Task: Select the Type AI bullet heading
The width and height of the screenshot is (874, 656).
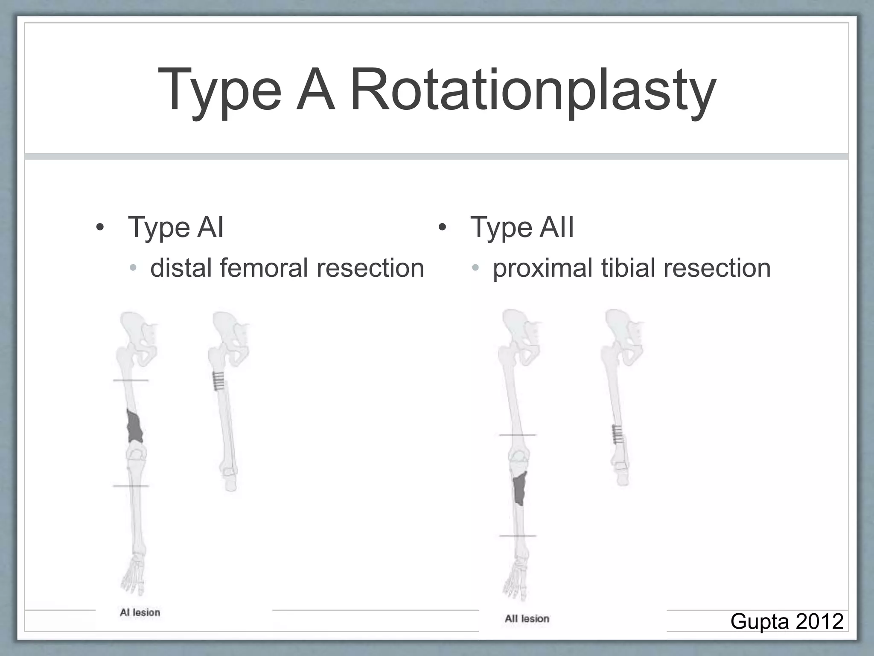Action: [175, 227]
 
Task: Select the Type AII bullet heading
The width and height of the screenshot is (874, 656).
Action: [521, 227]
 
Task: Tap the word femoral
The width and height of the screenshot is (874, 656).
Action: [264, 268]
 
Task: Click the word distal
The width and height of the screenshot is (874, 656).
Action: [181, 268]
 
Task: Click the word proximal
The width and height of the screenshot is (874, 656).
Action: [542, 268]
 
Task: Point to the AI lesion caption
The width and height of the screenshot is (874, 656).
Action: [140, 612]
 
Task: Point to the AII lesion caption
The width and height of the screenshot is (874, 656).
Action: [527, 619]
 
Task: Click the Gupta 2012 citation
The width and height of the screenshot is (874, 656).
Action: [787, 621]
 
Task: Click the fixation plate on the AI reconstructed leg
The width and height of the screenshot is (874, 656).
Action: [218, 381]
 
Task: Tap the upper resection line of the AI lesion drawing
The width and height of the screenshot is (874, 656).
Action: [131, 380]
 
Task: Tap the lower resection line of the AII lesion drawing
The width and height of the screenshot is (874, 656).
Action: [518, 536]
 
